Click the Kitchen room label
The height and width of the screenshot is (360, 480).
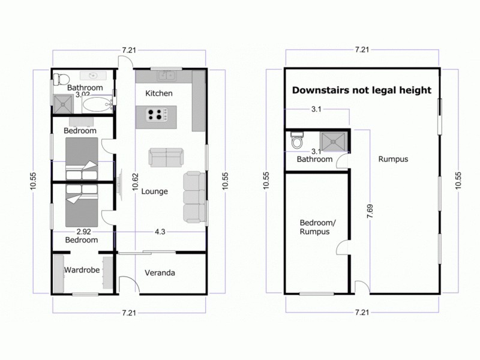coord(159,93)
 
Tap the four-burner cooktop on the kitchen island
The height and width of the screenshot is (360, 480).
coord(157,114)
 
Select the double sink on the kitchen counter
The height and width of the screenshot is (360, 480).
coord(166,76)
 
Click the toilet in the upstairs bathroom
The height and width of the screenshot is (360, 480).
coord(61,78)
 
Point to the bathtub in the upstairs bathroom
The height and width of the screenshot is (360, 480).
coord(96,106)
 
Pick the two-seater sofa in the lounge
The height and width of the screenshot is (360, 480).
coord(166,157)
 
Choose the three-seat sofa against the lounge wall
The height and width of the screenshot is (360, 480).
coord(194,196)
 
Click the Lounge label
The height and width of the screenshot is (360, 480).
coord(154,191)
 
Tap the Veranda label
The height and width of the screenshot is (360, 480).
coord(160,273)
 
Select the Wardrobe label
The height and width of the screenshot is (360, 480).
coord(82,270)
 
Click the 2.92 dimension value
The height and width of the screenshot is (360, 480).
coord(83,231)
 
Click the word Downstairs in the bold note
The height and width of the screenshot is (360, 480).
coord(319,91)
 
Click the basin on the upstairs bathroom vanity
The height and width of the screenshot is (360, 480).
coord(93,76)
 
